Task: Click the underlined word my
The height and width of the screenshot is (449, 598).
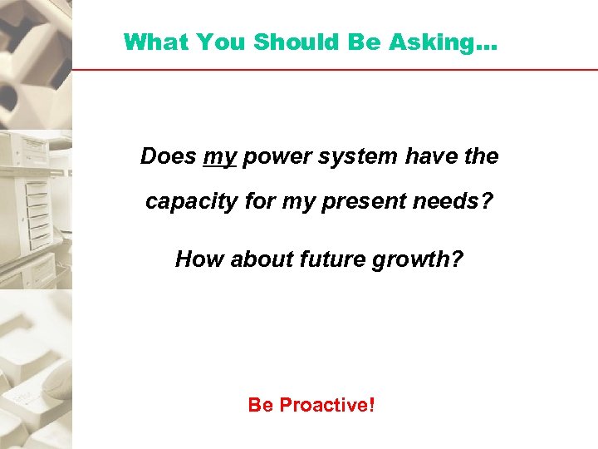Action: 220,156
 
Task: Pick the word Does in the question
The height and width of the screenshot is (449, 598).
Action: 169,155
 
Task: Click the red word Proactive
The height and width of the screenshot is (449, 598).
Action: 327,405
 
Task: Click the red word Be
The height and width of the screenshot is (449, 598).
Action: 261,405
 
